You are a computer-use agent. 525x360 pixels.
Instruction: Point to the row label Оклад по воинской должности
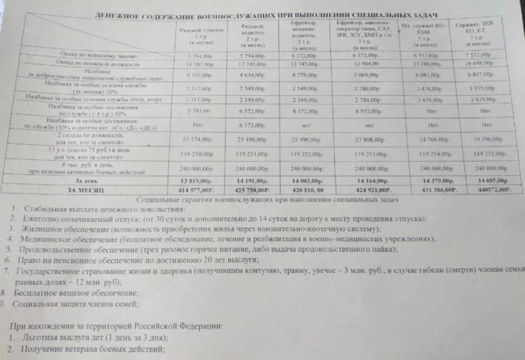(97, 64)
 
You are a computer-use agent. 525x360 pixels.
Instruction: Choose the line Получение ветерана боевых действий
(89, 349)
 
